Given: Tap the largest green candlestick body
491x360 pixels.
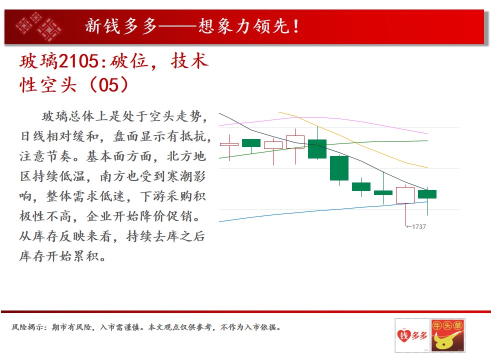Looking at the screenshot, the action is (339, 168).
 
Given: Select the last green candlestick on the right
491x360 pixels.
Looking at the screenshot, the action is (427, 194).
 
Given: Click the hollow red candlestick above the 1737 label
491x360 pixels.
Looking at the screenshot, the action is (405, 195).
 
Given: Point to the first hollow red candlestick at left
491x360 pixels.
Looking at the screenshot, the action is (229, 144).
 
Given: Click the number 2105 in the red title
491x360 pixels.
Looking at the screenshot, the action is (79, 61).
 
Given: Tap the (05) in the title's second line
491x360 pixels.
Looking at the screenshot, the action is (108, 85).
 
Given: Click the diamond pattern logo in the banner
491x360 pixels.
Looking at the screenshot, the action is (39, 26).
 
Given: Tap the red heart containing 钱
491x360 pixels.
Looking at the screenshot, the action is (404, 336).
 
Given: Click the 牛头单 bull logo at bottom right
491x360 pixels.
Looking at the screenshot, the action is (448, 335).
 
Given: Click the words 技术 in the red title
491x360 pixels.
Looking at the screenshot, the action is (190, 61).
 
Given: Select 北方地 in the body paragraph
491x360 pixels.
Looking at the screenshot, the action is (186, 156).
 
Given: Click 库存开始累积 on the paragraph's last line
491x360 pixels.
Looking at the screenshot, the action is (59, 256).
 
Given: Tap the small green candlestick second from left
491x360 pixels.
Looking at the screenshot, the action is (251, 143).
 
